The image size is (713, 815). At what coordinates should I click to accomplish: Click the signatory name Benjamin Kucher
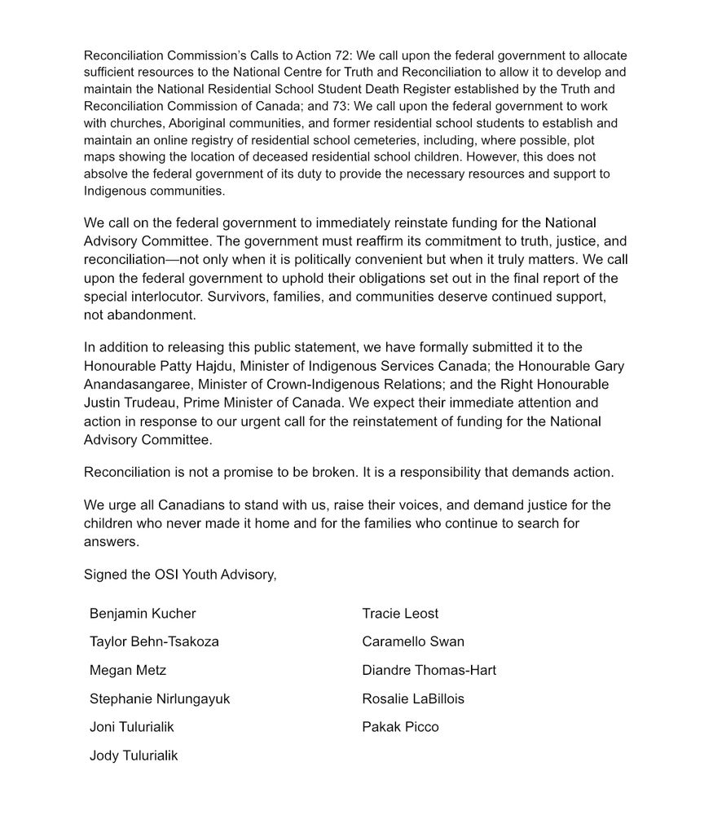(x=143, y=614)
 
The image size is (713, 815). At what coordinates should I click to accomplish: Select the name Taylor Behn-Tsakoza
(x=154, y=642)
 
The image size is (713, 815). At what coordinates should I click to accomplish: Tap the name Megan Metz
(x=128, y=671)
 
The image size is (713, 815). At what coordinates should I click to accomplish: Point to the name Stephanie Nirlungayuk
(x=160, y=699)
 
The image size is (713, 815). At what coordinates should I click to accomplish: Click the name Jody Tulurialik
(x=134, y=756)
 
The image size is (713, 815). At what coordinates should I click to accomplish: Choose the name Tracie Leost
(x=400, y=614)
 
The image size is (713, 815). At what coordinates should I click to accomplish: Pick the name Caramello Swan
(x=413, y=642)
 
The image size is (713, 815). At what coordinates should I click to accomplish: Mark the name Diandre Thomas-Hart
(x=429, y=671)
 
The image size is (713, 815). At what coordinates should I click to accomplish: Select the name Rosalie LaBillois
(x=413, y=699)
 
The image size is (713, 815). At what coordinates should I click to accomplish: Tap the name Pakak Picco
(x=400, y=728)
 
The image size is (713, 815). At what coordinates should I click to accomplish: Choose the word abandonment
(x=154, y=315)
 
